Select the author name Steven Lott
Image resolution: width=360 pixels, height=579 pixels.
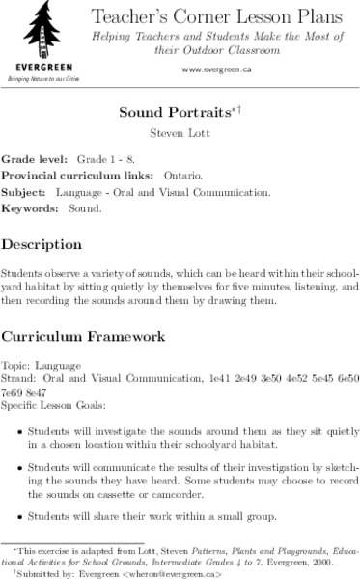pos(180,131)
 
